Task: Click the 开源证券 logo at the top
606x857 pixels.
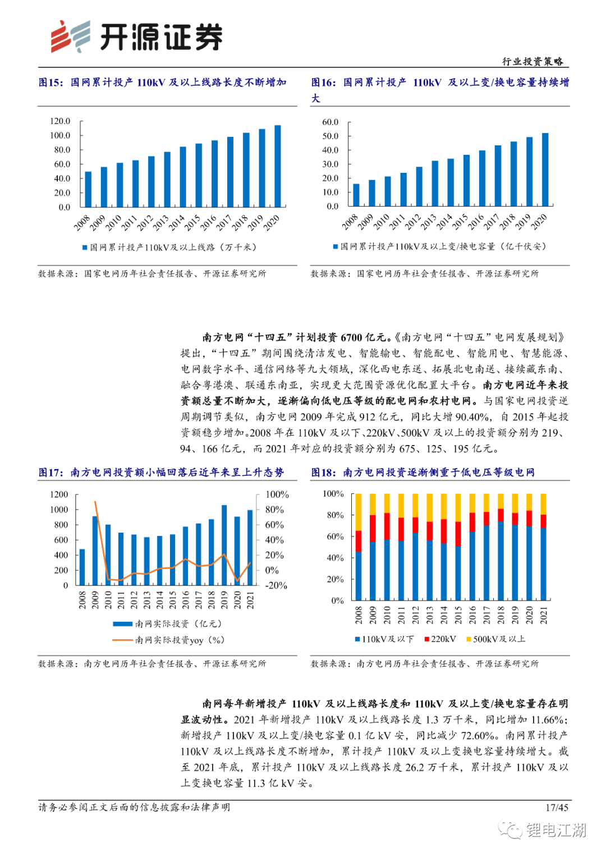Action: click(136, 37)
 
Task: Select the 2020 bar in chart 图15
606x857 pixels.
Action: click(277, 166)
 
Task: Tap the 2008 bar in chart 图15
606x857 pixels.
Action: click(88, 189)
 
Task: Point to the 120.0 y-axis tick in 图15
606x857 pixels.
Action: click(60, 121)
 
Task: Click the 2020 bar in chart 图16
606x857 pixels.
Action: click(545, 169)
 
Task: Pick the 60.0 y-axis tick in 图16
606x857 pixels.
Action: click(330, 122)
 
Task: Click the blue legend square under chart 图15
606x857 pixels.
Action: click(85, 248)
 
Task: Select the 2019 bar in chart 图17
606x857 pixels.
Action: click(224, 545)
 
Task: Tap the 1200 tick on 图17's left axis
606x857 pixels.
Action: click(59, 494)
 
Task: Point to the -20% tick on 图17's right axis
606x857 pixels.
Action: click(276, 585)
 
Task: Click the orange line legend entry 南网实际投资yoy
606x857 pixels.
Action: click(168, 640)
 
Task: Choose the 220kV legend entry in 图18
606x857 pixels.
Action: click(440, 639)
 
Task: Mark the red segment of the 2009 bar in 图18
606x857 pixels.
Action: click(373, 528)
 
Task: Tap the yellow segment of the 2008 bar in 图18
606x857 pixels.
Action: click(359, 512)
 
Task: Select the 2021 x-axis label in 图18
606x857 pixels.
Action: click(544, 615)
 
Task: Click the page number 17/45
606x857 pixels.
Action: click(557, 807)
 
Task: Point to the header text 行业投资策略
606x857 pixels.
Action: click(532, 61)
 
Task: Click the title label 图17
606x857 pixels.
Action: click(50, 473)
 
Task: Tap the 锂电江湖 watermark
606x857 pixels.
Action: click(555, 830)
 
